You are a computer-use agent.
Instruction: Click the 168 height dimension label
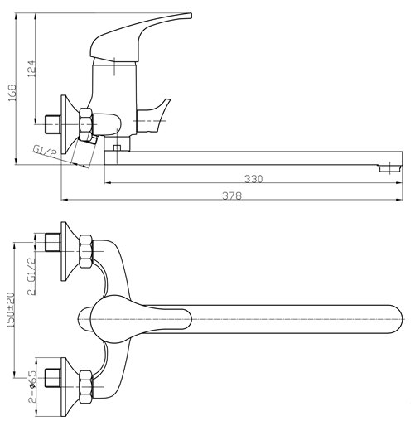coord(12,93)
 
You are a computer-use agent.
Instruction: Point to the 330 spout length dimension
coord(253,179)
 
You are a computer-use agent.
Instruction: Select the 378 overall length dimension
coord(232,196)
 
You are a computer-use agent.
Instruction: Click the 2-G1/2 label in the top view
coord(31,277)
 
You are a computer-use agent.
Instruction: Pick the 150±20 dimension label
coord(11,310)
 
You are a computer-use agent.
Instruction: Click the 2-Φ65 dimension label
coord(31,386)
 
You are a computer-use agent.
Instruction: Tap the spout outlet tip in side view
coord(389,168)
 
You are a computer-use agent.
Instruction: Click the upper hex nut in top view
coord(86,251)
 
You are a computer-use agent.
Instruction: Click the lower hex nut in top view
coord(86,386)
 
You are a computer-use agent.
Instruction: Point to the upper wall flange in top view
coord(67,251)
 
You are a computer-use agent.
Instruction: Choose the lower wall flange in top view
coord(67,386)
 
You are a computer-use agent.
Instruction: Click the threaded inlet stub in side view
coord(53,124)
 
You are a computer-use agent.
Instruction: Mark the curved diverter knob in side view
coord(154,115)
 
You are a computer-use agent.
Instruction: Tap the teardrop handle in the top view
coord(141,319)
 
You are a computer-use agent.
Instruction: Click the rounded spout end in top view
coord(395,319)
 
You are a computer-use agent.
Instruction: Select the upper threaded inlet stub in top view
coord(53,243)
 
